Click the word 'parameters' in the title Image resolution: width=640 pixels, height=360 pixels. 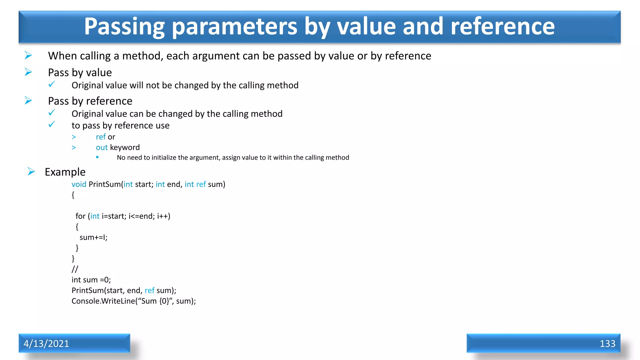pos(234,27)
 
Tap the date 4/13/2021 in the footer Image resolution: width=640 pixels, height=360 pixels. pos(46,343)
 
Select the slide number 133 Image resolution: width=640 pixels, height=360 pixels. pos(607,343)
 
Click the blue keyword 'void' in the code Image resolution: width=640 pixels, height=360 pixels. pos(79,184)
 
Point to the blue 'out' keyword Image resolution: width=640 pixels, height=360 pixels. pos(102,147)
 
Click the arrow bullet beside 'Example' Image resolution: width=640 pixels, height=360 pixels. pos(31,172)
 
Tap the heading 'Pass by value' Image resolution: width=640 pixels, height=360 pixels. pos(80,72)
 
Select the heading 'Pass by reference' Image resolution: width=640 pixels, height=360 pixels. pos(90,101)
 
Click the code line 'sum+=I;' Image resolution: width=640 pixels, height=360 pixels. pos(93,237)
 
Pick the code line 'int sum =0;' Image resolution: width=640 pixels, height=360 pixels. pos(91,280)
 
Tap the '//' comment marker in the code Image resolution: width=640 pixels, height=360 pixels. pos(75,269)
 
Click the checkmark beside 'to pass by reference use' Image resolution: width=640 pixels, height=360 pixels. pos(52,125)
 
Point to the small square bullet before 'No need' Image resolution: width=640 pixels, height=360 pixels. pos(97,157)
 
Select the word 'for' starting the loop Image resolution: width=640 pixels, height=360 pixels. pos(80,216)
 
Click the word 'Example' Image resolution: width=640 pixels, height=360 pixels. pos(65,172)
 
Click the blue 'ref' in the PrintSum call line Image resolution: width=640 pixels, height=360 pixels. pos(149,290)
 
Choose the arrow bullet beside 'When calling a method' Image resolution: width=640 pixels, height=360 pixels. pos(28,55)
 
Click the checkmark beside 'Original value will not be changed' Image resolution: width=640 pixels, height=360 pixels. pos(52,84)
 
